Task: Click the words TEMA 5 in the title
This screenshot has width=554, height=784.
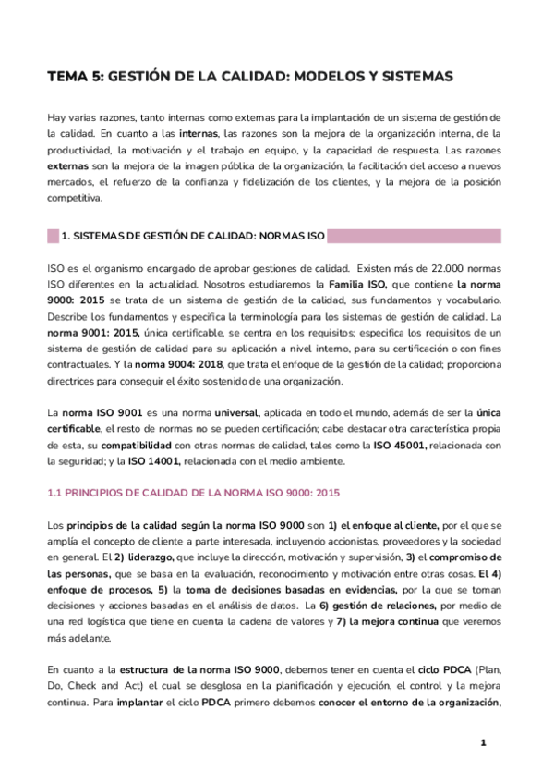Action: point(75,78)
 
